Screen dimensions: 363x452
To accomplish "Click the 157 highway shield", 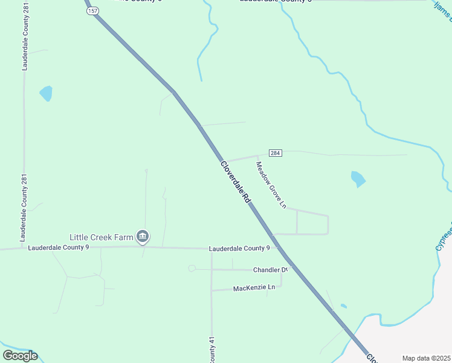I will coord(92,11).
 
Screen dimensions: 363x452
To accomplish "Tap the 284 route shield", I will coord(276,153).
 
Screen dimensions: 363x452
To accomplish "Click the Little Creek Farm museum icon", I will coord(143,237).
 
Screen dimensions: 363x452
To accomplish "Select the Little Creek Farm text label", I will coord(101,237).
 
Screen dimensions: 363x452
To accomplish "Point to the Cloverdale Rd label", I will coord(236,181).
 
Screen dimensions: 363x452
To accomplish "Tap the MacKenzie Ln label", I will coord(254,287).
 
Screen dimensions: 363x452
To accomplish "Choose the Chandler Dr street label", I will coord(269,270).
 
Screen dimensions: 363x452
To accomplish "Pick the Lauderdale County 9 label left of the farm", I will coord(59,247).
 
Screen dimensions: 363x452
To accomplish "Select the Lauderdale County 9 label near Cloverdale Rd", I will coord(239,248).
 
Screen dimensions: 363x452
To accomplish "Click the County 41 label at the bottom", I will coord(212,351).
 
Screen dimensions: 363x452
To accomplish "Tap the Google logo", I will coord(20,356).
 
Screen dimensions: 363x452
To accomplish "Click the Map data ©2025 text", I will coord(426,358).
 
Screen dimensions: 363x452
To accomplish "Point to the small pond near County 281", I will coord(46,93).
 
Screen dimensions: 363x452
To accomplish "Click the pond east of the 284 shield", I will coord(358,178).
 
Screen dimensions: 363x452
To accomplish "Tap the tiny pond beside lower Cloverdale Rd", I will coord(343,306).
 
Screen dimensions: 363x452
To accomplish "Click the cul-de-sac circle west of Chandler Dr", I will coord(192,268).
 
